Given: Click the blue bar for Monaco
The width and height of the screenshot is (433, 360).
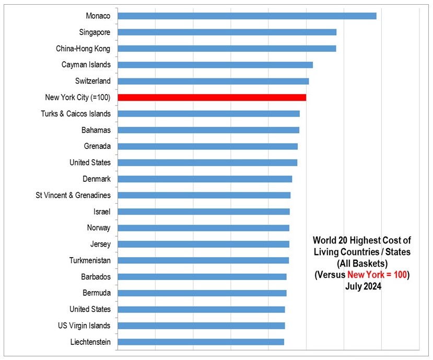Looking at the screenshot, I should [x=247, y=16].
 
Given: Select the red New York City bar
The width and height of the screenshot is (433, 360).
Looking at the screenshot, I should [x=212, y=97].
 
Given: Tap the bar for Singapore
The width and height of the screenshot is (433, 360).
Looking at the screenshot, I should [x=227, y=32].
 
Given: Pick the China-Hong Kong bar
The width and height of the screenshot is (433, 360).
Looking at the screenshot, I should [x=227, y=49].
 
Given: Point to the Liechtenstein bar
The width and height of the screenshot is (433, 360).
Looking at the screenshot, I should [x=201, y=342].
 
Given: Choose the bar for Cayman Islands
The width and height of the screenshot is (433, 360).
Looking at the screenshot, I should [x=215, y=65].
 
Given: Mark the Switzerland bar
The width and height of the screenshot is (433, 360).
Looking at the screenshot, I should [x=213, y=81].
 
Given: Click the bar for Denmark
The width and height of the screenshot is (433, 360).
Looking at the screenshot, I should [x=205, y=179].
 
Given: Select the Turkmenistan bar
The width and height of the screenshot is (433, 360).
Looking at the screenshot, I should [x=203, y=260].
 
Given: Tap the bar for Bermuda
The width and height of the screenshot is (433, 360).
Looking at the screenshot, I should [x=202, y=293].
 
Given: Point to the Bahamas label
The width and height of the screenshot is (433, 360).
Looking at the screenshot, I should [x=96, y=130].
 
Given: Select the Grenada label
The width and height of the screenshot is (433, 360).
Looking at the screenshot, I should [x=97, y=146].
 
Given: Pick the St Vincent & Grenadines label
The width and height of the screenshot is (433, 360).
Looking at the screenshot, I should [x=73, y=195].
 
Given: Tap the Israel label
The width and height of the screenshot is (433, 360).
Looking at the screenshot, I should [x=102, y=212].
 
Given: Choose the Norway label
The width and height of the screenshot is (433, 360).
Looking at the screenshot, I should [x=99, y=228].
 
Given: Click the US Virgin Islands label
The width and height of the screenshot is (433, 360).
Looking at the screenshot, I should [x=84, y=326].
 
